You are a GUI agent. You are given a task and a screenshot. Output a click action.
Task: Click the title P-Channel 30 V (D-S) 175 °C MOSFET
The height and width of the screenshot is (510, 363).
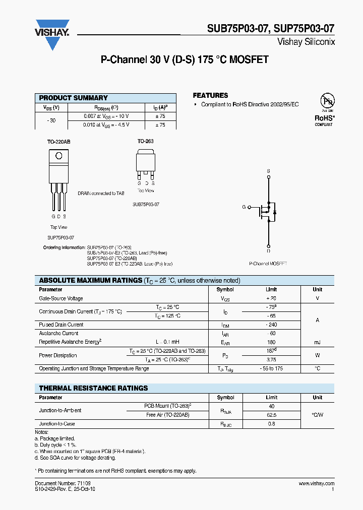185,60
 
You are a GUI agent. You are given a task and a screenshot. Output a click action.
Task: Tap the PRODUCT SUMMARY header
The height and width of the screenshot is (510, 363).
73,98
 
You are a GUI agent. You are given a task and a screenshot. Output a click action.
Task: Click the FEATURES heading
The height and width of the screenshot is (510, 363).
210,95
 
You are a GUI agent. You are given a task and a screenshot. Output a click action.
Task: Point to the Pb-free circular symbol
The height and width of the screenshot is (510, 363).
327,101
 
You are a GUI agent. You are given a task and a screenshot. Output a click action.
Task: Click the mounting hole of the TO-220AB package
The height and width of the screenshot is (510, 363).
59,156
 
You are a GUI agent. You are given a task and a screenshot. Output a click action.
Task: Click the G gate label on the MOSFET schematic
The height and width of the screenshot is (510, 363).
244,207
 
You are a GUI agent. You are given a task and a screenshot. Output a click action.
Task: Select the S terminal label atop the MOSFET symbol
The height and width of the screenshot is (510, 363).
268,171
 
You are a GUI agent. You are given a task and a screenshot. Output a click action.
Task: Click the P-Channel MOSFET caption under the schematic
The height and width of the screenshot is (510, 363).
268,264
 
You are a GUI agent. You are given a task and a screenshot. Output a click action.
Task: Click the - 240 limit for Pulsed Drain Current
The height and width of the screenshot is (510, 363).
271,325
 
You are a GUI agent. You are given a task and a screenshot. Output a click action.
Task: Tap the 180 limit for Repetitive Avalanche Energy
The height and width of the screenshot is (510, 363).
271,342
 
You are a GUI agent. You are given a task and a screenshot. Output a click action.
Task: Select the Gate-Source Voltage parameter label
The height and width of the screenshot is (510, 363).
61,298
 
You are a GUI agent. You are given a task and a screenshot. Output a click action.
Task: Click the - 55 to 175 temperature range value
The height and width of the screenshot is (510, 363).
271,368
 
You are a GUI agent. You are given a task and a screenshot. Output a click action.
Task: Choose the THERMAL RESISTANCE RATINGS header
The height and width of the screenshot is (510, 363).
93,388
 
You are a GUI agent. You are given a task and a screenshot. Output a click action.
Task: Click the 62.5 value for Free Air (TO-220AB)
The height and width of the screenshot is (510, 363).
271,415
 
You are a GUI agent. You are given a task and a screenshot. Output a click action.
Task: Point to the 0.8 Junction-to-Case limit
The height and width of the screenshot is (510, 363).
271,424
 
